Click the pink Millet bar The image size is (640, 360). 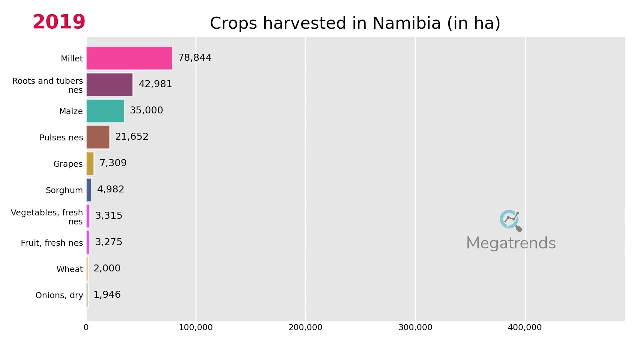[129, 58]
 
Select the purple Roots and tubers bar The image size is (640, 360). [109, 84]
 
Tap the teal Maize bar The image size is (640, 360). [105, 111]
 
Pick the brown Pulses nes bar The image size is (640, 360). [98, 137]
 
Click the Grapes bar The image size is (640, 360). [90, 163]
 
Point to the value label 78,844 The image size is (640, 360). [195, 58]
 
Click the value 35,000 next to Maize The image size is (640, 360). [146, 110]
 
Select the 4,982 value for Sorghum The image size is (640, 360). [111, 189]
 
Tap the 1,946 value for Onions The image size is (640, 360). [107, 294]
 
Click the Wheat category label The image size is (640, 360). [70, 269]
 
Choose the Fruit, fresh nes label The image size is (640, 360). [52, 243]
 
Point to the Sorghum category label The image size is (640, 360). [64, 190]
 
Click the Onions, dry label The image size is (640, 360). [59, 295]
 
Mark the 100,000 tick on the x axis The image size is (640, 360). [196, 327]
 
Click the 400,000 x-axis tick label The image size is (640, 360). [525, 327]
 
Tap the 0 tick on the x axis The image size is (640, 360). [86, 327]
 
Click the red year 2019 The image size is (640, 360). [59, 22]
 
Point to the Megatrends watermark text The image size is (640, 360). [511, 243]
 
